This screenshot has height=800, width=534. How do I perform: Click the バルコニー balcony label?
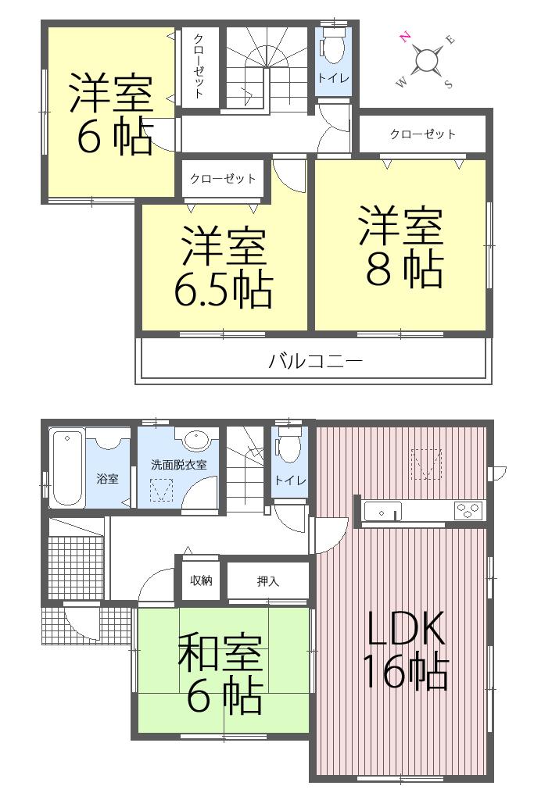[315, 362]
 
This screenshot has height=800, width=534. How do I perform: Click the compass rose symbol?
[426, 60]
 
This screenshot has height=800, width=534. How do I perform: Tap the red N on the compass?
[405, 37]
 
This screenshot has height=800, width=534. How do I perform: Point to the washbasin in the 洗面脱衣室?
[195, 441]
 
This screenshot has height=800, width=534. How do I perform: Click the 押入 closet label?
[268, 581]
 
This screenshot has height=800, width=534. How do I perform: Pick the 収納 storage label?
[202, 580]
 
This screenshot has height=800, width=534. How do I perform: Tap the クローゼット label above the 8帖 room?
[422, 134]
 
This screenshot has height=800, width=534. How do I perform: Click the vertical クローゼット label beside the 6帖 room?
[199, 67]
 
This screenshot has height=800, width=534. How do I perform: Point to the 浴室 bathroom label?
[107, 478]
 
